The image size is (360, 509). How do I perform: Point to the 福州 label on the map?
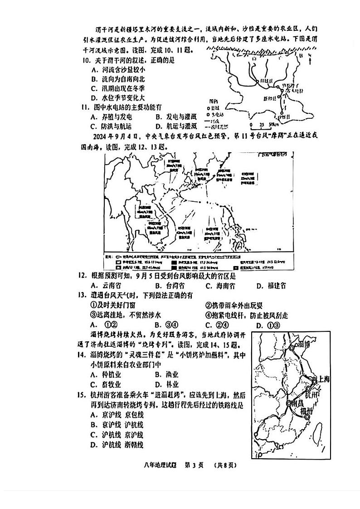(309, 410)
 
